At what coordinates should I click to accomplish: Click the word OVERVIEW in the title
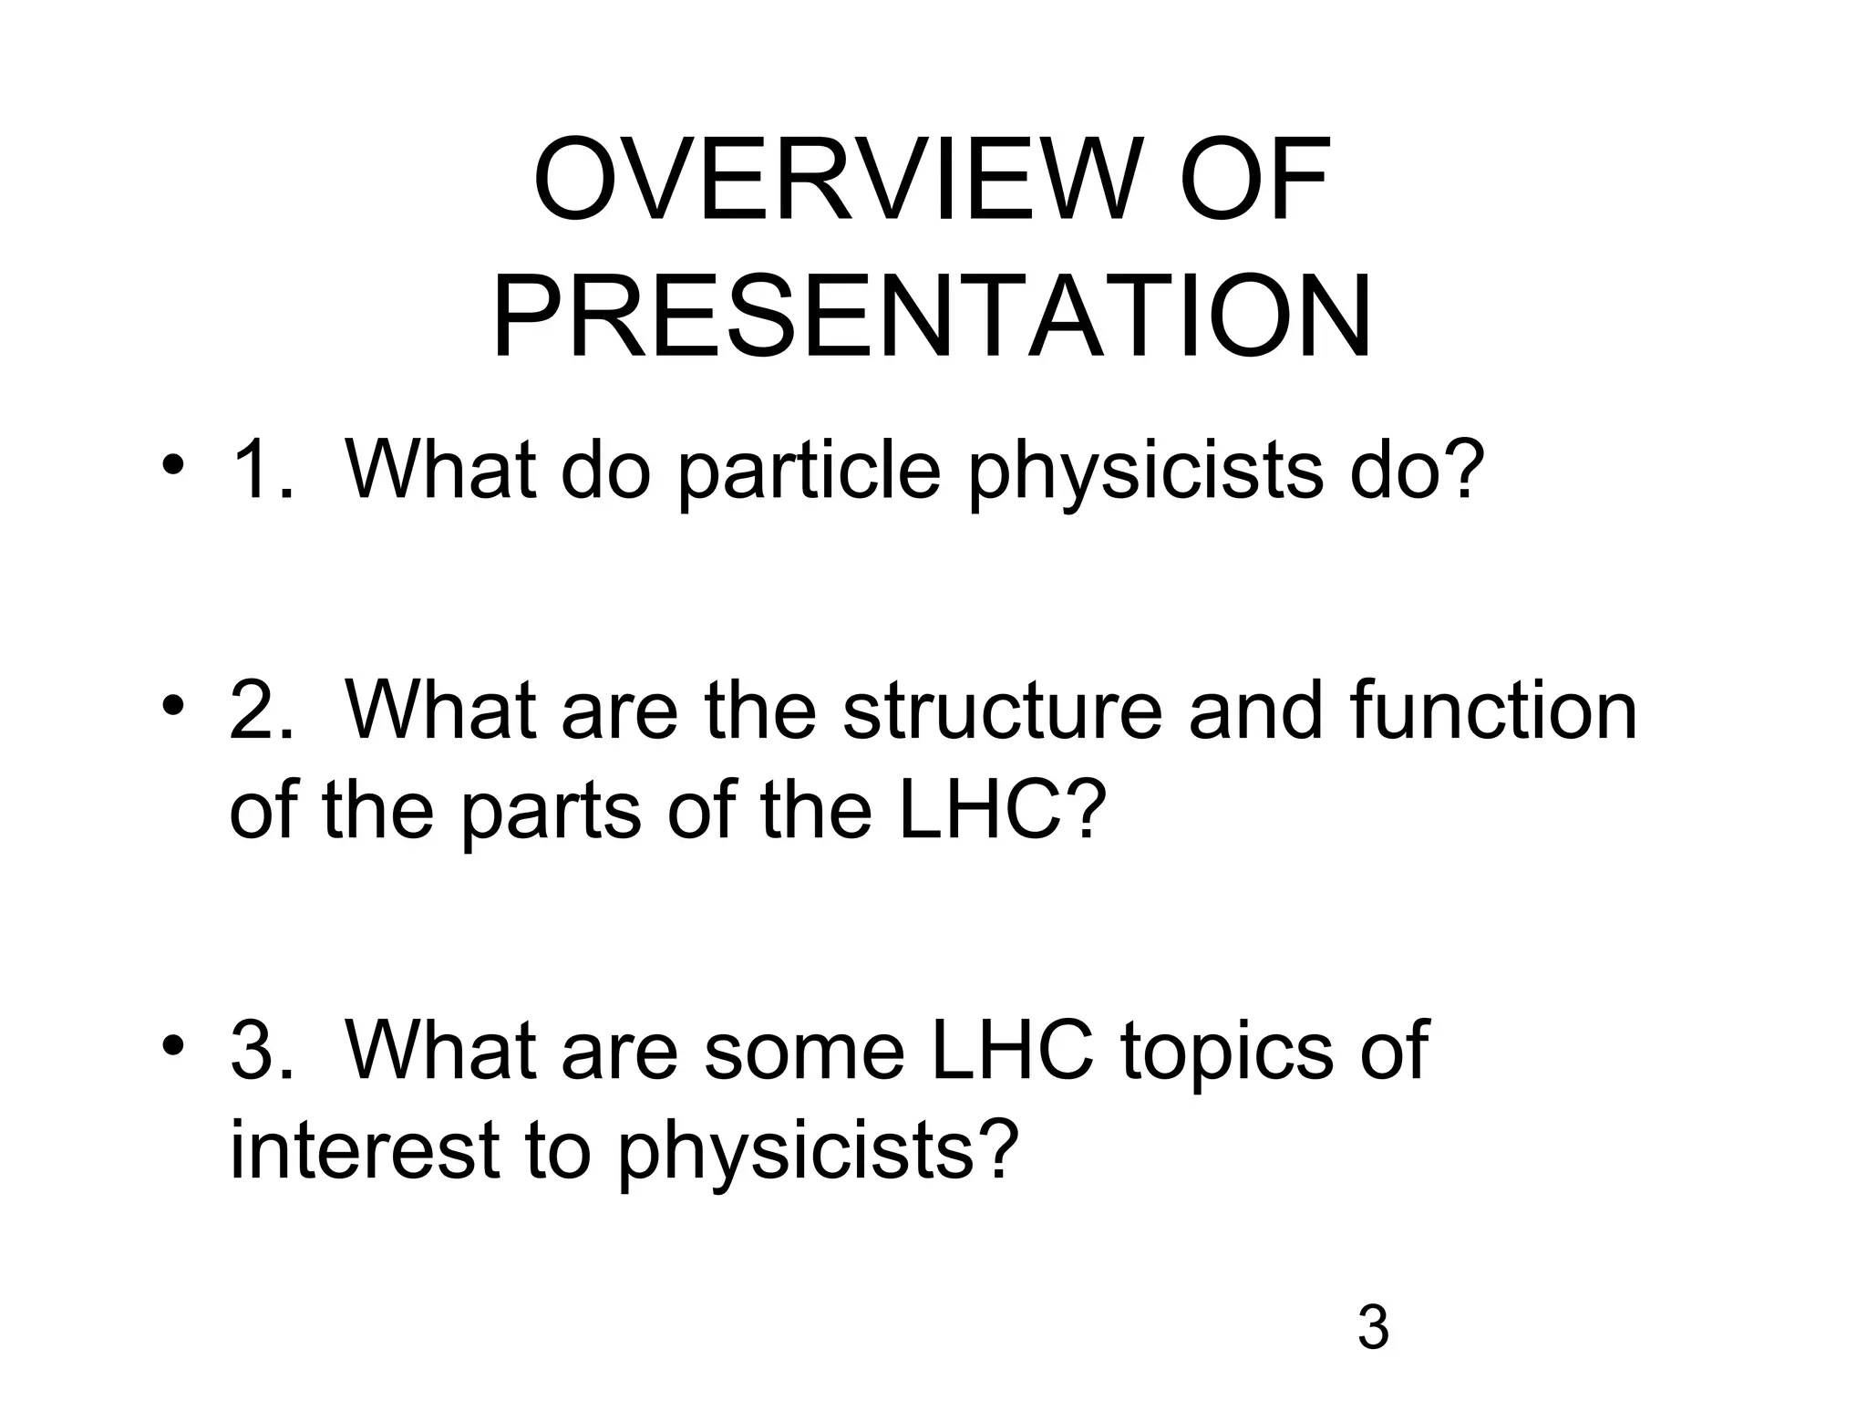(835, 180)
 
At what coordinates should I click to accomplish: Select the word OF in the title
(1255, 180)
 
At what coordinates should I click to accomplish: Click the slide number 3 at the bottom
(1373, 1328)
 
